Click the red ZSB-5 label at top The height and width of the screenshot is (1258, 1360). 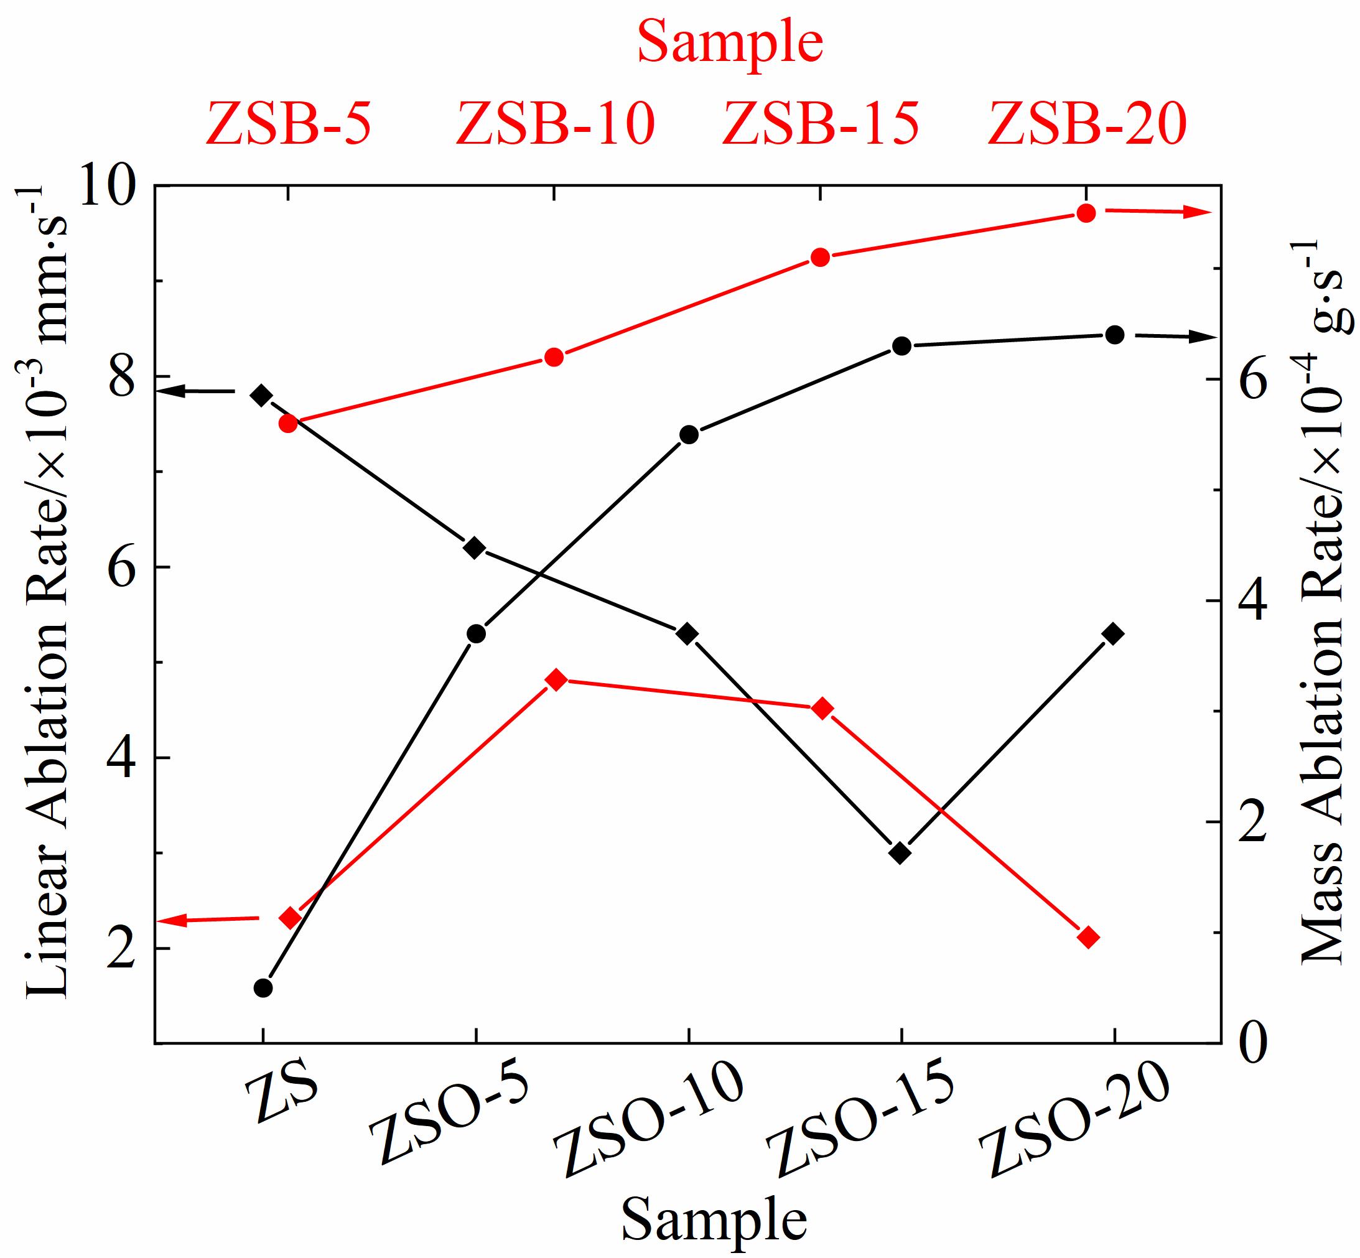coord(288,124)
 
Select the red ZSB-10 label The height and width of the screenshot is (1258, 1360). coord(555,124)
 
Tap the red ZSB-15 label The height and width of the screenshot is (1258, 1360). coord(820,124)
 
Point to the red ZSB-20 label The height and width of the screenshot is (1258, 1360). coord(1087,124)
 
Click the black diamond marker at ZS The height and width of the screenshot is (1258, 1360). coord(262,395)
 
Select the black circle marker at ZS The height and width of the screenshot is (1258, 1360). coord(263,988)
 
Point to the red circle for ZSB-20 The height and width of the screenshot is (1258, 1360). coord(1086,213)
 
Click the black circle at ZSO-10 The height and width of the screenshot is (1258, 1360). coord(689,434)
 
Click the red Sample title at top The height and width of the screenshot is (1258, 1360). coord(730,42)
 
